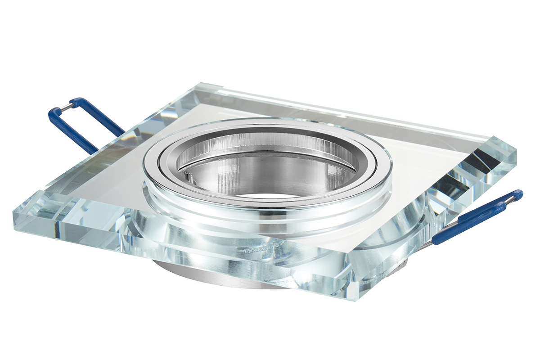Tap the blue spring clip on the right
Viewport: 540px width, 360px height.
tap(477, 216)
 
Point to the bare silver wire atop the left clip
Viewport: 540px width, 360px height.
tap(66, 106)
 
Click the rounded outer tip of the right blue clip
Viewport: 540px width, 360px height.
tap(519, 194)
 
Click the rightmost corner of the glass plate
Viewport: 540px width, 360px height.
tap(516, 153)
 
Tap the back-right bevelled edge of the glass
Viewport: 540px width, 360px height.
tap(360, 112)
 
